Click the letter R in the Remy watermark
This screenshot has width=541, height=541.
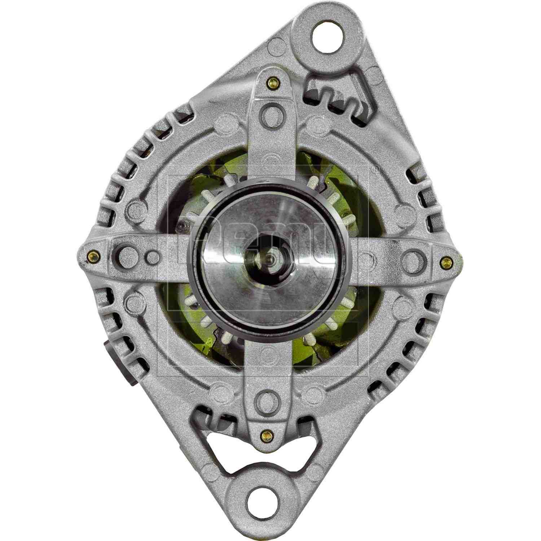pos(188,249)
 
